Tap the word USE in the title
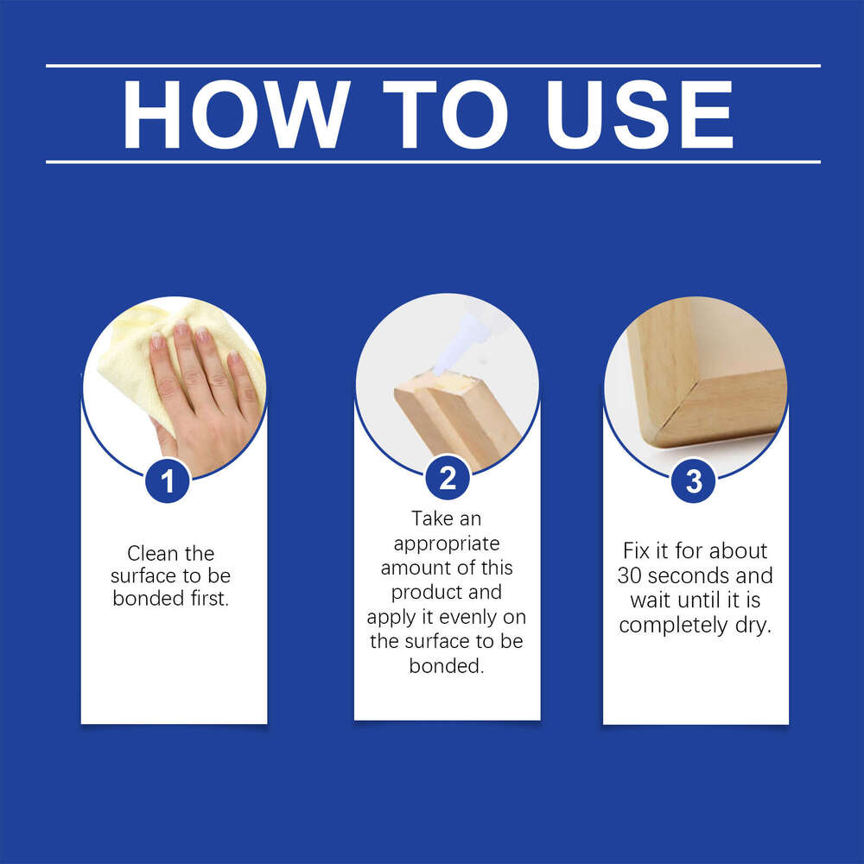click(x=640, y=114)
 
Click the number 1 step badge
click(x=167, y=481)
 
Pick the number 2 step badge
click(x=448, y=478)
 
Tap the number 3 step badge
click(x=694, y=481)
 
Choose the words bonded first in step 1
click(x=171, y=598)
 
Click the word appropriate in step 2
click(x=446, y=543)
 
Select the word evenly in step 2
click(x=465, y=617)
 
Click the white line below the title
click(x=432, y=162)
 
